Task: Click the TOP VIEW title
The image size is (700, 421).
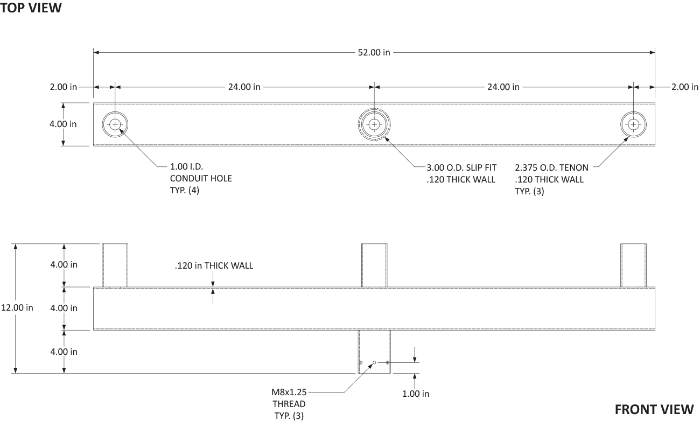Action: coord(31,8)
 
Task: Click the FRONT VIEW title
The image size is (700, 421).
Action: coord(654,410)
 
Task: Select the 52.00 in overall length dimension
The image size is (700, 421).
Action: coord(374,53)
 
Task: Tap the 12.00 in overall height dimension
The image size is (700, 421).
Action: coord(17,308)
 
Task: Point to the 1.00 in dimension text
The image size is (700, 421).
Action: coord(415,394)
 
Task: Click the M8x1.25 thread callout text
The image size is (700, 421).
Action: coord(289,392)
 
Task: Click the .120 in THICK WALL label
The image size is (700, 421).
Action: coord(214,265)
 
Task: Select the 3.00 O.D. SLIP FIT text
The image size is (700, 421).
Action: coord(461,168)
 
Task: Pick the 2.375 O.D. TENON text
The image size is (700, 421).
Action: coord(551,168)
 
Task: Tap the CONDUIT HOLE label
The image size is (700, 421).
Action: coord(201,178)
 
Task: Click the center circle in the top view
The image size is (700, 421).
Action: coord(374,108)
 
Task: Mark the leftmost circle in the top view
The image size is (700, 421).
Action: coord(115,111)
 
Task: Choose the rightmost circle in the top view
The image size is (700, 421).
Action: coord(633,111)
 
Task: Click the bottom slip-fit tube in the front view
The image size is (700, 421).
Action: coord(374,352)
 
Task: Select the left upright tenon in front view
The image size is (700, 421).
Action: coord(115,265)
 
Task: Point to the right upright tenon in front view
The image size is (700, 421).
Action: coord(633,265)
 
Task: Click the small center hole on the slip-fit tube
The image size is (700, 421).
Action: coord(374,362)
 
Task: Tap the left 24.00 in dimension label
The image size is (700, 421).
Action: coord(244,87)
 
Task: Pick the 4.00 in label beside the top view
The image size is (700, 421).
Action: coord(63,124)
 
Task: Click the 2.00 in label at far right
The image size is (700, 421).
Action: coord(685,87)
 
